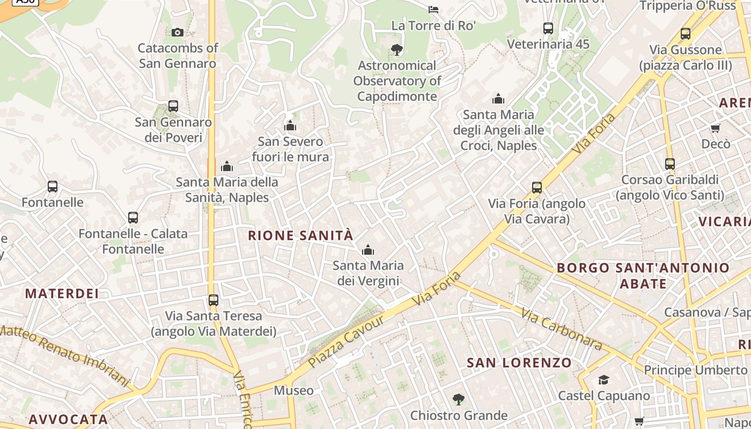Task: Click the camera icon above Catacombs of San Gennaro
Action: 178,33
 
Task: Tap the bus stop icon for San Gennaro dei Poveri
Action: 173,106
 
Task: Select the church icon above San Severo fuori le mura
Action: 290,126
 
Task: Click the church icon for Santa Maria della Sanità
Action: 227,166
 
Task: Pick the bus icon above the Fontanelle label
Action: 53,187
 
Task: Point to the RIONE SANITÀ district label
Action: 300,235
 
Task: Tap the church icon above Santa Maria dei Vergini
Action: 368,250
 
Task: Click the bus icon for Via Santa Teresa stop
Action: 213,300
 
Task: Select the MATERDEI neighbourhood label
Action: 62,294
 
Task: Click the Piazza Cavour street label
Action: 347,342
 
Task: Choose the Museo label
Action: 293,390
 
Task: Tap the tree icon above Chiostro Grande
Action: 458,400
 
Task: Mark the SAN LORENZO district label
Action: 519,363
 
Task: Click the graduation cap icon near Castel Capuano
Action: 603,380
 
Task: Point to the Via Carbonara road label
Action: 561,329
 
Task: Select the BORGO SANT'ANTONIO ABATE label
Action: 643,276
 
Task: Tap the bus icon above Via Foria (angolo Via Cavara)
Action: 537,188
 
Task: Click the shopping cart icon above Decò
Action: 715,128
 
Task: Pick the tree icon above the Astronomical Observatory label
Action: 397,50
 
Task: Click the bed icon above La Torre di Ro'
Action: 433,9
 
